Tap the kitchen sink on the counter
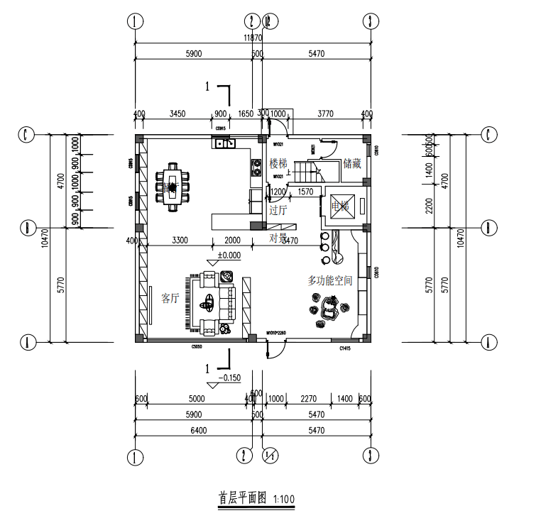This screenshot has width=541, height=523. pyautogui.click(x=225, y=144)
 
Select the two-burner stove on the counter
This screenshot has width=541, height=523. pyautogui.click(x=256, y=168)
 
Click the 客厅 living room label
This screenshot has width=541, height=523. pyautogui.click(x=170, y=298)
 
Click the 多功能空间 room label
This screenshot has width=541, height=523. pyautogui.click(x=329, y=281)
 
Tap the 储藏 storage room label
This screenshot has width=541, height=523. pyautogui.click(x=352, y=164)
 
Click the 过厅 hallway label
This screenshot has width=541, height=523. pyautogui.click(x=278, y=210)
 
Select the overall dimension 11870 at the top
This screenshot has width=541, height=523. pyautogui.click(x=253, y=38)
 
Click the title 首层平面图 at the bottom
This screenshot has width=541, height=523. pyautogui.click(x=241, y=498)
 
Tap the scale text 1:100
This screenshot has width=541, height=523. pyautogui.click(x=283, y=500)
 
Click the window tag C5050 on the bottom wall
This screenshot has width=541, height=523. pyautogui.click(x=197, y=348)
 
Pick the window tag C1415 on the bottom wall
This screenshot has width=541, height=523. pyautogui.click(x=346, y=348)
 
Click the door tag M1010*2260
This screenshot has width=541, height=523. pyautogui.click(x=275, y=332)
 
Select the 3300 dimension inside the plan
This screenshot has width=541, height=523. pyautogui.click(x=180, y=241)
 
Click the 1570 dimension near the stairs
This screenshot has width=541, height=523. pyautogui.click(x=305, y=192)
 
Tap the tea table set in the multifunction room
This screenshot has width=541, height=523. pyautogui.click(x=329, y=309)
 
